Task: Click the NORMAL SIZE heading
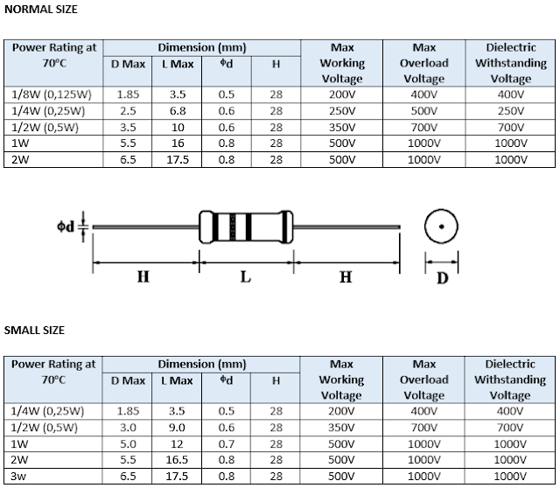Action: click(41, 10)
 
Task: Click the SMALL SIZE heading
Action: click(35, 330)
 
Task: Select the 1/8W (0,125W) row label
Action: click(53, 94)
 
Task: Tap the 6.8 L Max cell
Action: click(177, 111)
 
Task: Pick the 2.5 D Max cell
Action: click(128, 111)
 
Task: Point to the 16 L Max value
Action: click(177, 143)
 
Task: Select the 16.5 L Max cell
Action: click(177, 459)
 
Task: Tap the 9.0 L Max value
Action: click(177, 428)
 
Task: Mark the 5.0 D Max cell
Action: click(128, 443)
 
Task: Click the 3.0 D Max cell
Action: click(128, 428)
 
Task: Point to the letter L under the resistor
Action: click(246, 277)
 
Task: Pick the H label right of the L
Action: click(346, 277)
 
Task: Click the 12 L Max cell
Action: click(177, 443)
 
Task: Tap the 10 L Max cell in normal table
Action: click(177, 127)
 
